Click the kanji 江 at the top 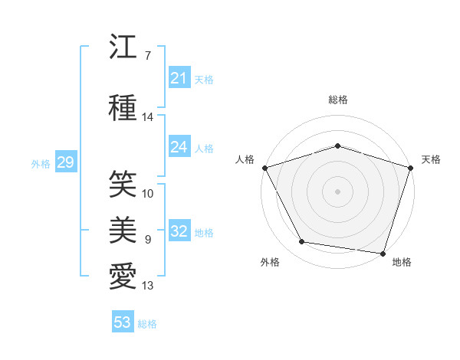point(123,46)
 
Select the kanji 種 point(123,107)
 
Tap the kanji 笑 point(123,184)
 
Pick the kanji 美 point(123,230)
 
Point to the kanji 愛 point(123,276)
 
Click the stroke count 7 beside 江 point(148,55)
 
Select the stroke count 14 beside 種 point(147,117)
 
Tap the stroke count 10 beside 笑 point(147,194)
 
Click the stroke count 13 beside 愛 point(147,285)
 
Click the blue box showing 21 point(179,77)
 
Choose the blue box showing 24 point(179,146)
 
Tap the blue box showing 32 point(179,230)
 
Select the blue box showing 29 point(66,162)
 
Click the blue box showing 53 point(123,321)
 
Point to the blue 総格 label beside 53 point(147,324)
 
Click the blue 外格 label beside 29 point(41,164)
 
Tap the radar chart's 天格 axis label point(431,159)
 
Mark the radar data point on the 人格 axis point(265,168)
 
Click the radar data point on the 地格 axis point(383,254)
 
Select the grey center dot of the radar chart point(337,191)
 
